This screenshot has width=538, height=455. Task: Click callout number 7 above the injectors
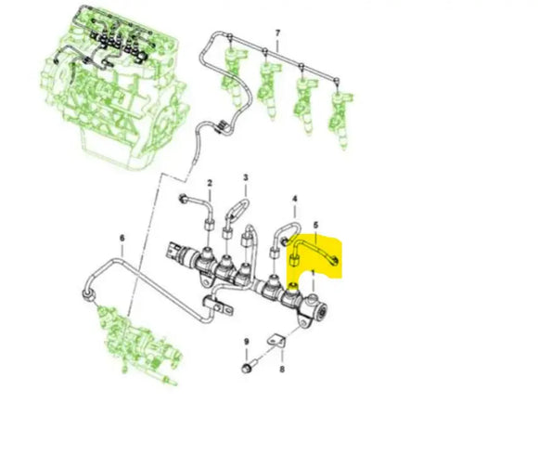pyautogui.click(x=276, y=34)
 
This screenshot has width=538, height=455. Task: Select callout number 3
pyautogui.click(x=246, y=176)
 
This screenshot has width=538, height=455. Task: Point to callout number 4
pyautogui.click(x=295, y=200)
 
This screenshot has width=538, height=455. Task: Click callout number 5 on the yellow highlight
pyautogui.click(x=315, y=226)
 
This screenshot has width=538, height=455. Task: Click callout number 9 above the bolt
pyautogui.click(x=247, y=344)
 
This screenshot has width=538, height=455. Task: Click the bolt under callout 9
pyautogui.click(x=247, y=369)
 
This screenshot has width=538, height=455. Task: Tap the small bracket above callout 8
pyautogui.click(x=277, y=340)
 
